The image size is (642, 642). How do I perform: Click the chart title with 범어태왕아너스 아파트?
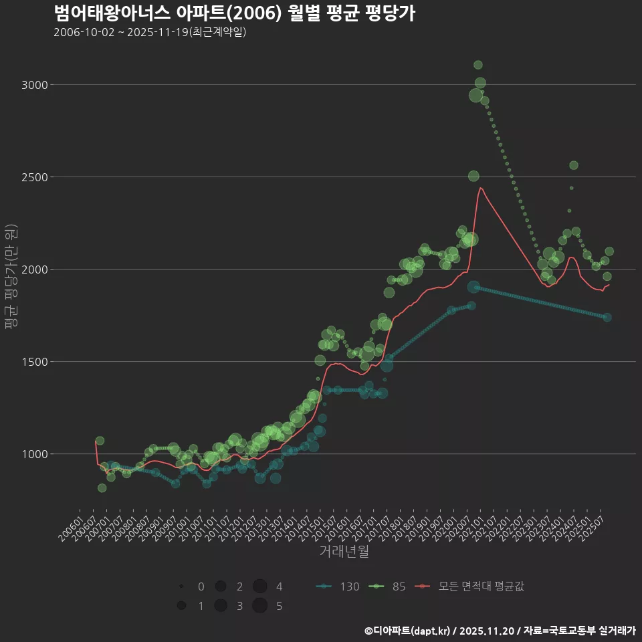coord(234,13)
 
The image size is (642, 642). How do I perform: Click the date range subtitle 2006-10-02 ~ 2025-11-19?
coord(150,32)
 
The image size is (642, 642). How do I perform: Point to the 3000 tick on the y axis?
coord(35,85)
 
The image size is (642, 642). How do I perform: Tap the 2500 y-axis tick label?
coord(35,177)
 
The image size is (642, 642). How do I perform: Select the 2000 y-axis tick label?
coord(35,270)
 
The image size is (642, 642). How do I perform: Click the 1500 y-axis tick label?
coord(35,362)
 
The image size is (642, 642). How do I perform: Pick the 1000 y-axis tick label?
coord(35,454)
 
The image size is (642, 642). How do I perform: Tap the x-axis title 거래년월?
coord(344,552)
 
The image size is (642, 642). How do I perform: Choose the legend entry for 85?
coord(389,586)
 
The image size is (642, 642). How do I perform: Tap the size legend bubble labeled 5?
coord(260,606)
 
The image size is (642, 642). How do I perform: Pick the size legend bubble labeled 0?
coord(181,586)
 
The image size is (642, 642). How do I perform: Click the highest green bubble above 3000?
coord(478,65)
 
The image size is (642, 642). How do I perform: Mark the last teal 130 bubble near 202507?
coord(607,317)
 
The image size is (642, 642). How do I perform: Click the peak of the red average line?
coord(480,188)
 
